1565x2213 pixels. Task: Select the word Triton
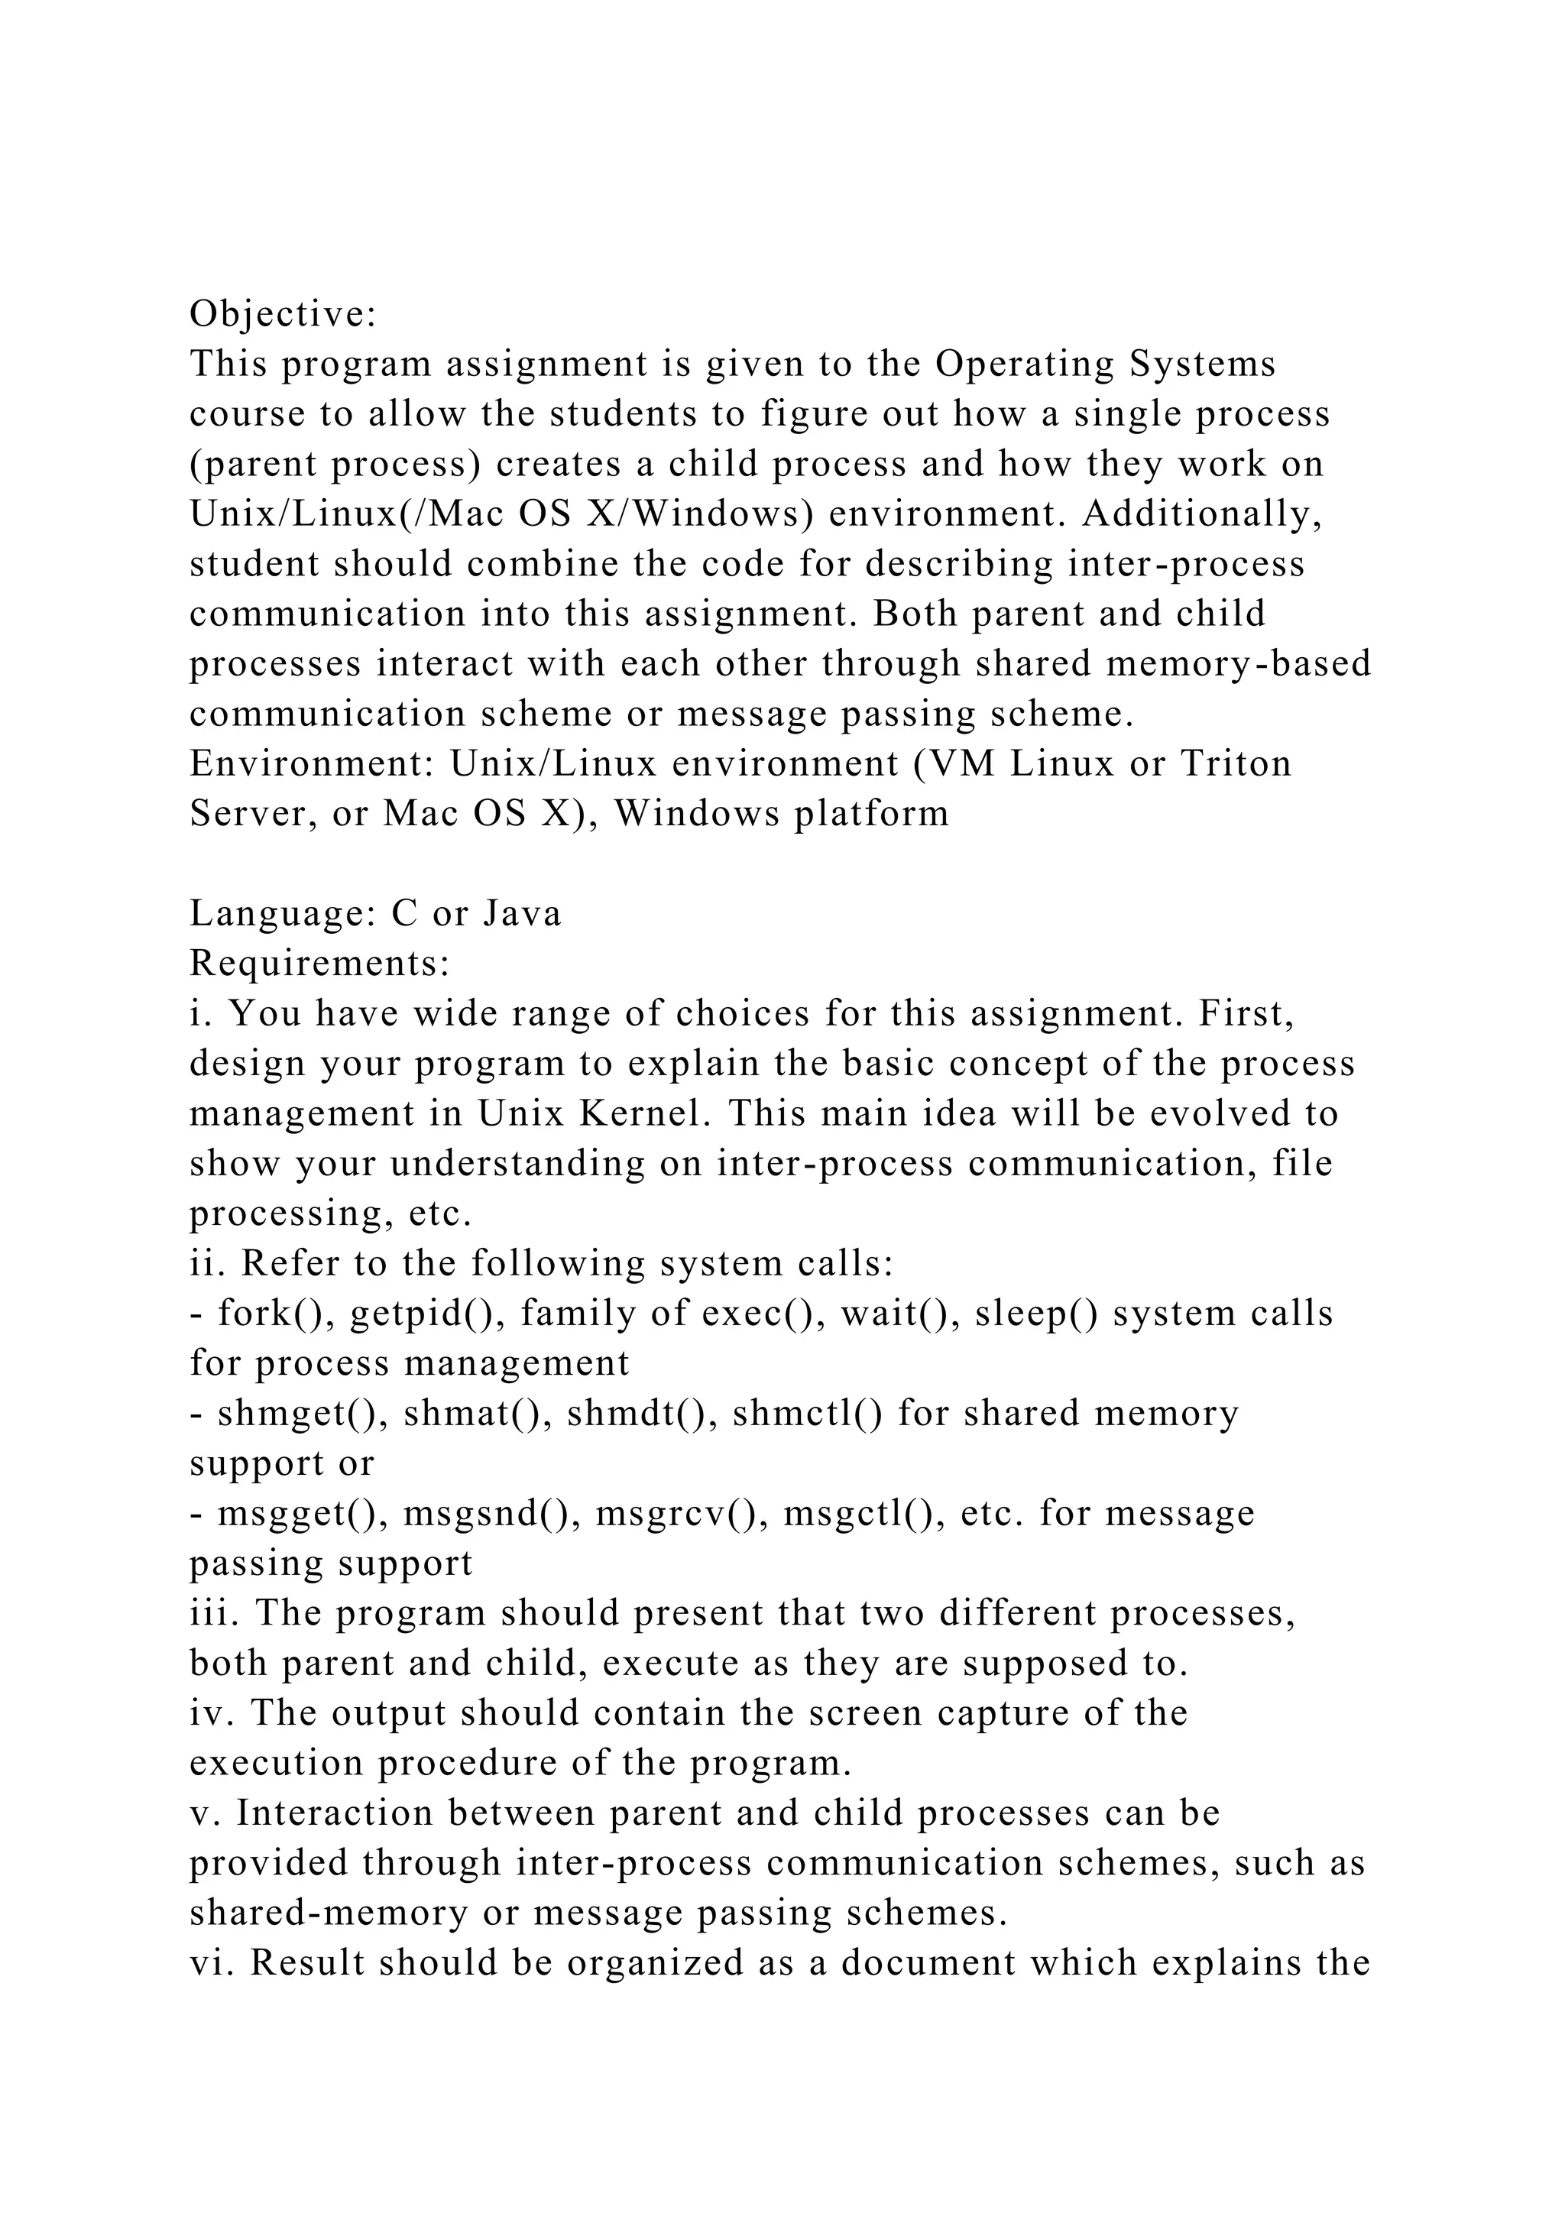(1236, 764)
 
